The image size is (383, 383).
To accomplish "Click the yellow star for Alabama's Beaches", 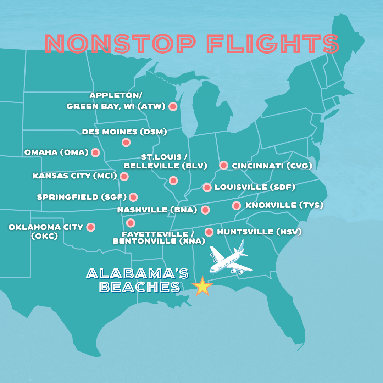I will click(202, 286).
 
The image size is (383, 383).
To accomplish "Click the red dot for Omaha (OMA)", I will click(95, 152).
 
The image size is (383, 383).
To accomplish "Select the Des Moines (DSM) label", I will click(124, 132).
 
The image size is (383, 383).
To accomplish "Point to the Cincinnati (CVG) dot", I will click(224, 165).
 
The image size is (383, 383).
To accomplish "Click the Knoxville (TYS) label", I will click(284, 205).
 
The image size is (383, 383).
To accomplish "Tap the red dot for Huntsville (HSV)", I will click(209, 232).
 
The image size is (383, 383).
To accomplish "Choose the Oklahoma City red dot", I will click(91, 227).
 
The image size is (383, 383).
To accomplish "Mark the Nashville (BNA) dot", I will click(205, 210).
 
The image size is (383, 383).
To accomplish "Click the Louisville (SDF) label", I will click(255, 187).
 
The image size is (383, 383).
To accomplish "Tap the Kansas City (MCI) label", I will click(74, 176).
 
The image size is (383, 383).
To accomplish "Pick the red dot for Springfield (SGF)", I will click(133, 197).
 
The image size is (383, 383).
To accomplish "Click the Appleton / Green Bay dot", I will click(173, 106).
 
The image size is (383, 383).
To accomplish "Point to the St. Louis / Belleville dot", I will click(173, 181).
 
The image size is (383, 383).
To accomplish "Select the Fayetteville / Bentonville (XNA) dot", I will click(131, 223).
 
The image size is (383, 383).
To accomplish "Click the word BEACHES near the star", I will click(140, 287).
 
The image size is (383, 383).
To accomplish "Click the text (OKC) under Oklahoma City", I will click(44, 235).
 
